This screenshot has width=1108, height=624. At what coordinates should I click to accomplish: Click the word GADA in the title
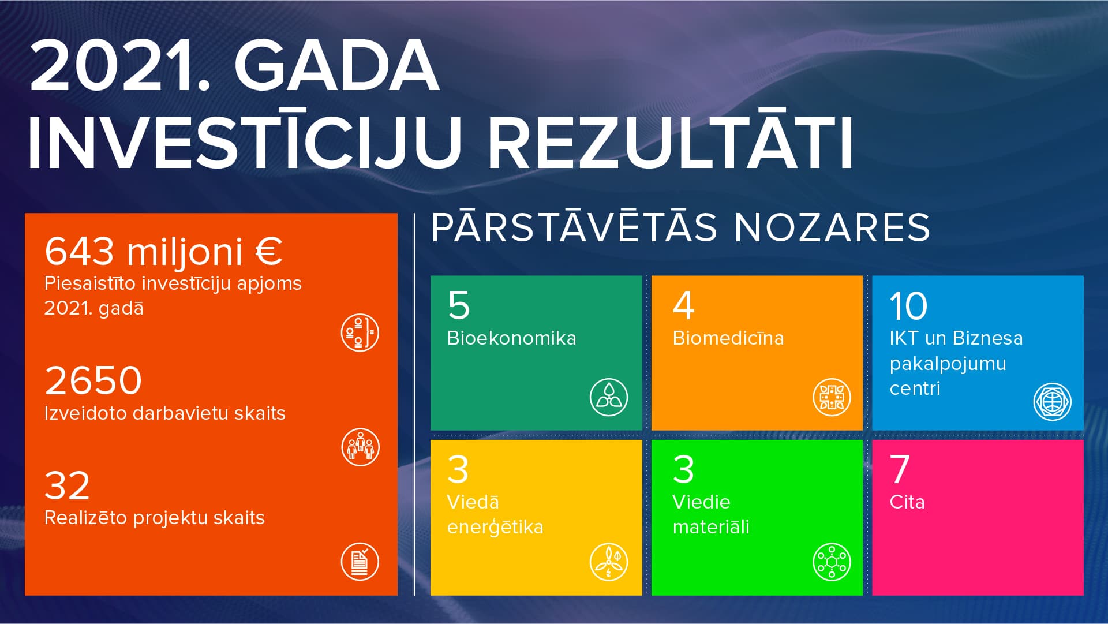coord(336,67)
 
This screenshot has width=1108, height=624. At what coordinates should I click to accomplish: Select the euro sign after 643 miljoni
coord(269,251)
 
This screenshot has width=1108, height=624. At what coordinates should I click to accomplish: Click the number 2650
coord(93,380)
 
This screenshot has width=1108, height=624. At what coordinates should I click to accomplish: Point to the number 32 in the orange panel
coord(67,485)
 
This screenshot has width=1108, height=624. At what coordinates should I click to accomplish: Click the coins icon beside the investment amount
coord(360,333)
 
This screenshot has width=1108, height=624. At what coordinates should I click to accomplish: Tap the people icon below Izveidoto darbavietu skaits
coord(360,447)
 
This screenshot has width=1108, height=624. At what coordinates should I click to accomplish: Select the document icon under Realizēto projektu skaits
coord(360,561)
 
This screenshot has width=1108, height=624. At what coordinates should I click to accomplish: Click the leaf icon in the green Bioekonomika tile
coord(609,397)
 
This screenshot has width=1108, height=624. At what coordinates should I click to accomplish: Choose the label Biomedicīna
coord(728,338)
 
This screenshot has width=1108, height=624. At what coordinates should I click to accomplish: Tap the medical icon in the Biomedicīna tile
coord(832,397)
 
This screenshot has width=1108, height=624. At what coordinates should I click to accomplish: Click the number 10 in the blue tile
coord(908,305)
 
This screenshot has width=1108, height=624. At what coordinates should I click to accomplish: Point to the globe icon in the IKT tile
coord(1052,402)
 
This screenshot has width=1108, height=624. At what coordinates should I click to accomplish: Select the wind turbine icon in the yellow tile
coord(609,561)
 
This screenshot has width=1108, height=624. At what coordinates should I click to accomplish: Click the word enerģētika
coord(495,528)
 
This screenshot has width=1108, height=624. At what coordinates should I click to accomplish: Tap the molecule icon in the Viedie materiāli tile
coord(832,562)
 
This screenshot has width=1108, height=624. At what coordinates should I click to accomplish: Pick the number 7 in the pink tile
coord(900,469)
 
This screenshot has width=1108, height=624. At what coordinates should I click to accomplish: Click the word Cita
coord(907,502)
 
